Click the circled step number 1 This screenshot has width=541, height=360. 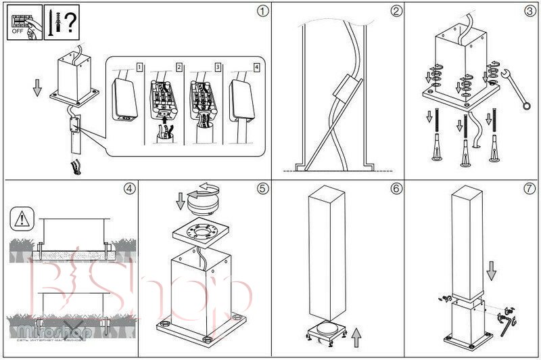tap(263, 10)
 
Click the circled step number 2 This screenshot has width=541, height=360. tap(396, 10)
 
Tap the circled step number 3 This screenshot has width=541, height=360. tap(530, 10)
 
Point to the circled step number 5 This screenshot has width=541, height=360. tap(263, 189)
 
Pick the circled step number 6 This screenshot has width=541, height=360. tap(396, 189)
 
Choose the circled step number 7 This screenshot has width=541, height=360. tap(530, 189)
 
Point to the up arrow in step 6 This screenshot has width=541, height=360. tap(356, 334)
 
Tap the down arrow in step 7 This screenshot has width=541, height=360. tap(492, 271)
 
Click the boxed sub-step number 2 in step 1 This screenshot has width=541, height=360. tap(179, 67)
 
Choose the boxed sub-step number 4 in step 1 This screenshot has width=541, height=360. tap(256, 67)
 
